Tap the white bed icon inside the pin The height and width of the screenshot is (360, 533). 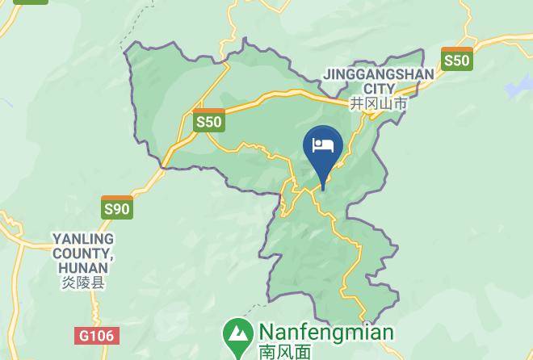(x=323, y=145)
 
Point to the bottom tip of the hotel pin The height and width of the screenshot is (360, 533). (x=323, y=190)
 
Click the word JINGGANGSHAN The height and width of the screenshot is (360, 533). (x=378, y=74)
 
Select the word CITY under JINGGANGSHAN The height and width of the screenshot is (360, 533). (x=379, y=89)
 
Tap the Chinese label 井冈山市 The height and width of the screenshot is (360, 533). (x=378, y=104)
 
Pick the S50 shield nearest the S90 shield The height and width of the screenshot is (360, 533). (x=208, y=120)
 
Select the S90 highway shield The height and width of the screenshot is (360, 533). (x=117, y=207)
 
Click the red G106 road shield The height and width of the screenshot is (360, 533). (x=98, y=335)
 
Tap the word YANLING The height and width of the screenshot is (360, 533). (x=83, y=240)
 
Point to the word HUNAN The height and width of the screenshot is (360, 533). (x=83, y=269)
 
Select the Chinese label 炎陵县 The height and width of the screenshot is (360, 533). (x=83, y=283)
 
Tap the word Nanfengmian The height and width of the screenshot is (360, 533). (x=326, y=333)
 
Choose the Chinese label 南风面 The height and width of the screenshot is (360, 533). (x=284, y=352)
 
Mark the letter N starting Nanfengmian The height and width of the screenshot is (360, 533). (x=267, y=333)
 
